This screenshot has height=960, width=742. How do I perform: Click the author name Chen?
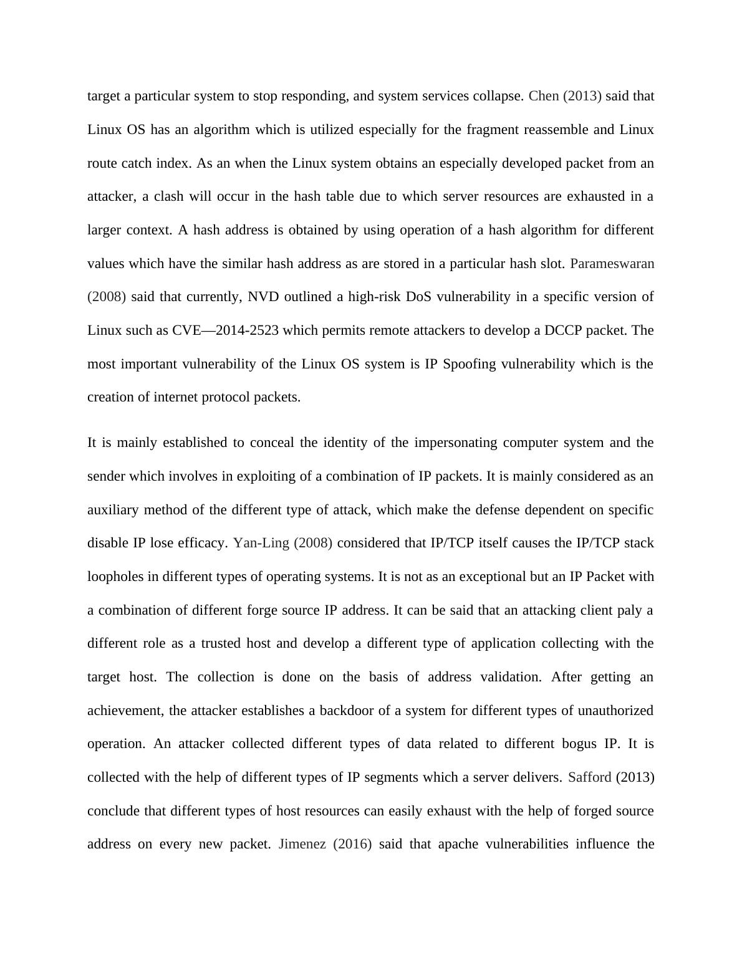tap(544, 96)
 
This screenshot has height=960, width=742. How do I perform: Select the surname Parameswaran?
tap(612, 263)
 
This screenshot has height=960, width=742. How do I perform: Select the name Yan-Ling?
tap(261, 543)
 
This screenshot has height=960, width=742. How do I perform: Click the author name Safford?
tap(590, 777)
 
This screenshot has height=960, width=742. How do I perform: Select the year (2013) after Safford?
tap(635, 777)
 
